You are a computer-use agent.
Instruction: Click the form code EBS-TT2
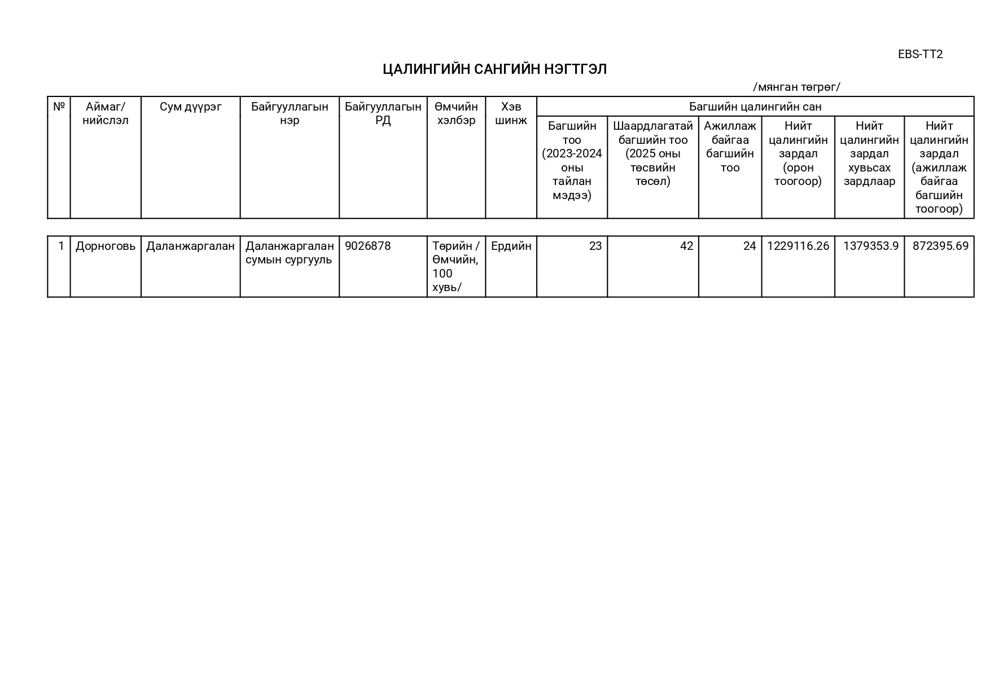[x=920, y=54]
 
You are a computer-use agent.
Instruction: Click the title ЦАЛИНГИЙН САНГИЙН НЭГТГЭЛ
[x=494, y=69]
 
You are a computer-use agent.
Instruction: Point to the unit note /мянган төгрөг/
[x=796, y=87]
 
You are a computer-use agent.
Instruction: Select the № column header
[x=59, y=107]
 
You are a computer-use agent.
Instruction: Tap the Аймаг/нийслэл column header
[x=106, y=113]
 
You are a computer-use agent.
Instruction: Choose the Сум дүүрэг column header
[x=191, y=107]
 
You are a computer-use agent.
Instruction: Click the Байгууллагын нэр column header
[x=290, y=113]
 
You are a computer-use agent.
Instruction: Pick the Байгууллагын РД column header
[x=383, y=113]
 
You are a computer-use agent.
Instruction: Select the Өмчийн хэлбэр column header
[x=456, y=113]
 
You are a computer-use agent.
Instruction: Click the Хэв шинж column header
[x=511, y=113]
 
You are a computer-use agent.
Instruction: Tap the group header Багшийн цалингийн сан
[x=755, y=107]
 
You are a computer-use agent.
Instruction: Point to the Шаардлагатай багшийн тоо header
[x=652, y=153]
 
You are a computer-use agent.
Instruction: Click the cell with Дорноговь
[x=106, y=246]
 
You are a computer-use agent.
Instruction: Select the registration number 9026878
[x=367, y=246]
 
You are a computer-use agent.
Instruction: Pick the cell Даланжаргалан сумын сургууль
[x=290, y=253]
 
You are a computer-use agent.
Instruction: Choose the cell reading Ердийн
[x=511, y=246]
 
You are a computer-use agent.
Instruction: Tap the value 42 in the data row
[x=686, y=246]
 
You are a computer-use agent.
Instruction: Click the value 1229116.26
[x=798, y=246]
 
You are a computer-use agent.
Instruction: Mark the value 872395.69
[x=940, y=246]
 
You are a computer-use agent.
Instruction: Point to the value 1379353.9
[x=870, y=246]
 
